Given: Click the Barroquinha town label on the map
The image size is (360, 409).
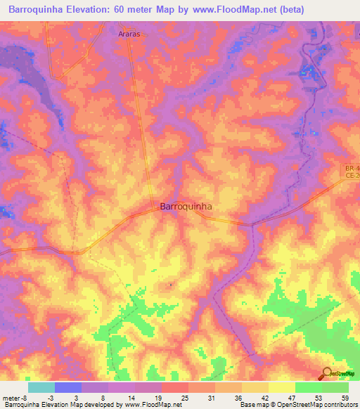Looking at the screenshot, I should click(x=186, y=207).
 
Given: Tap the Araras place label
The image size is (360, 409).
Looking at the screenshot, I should click(x=129, y=33).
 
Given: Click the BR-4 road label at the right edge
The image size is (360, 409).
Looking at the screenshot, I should click(x=352, y=169).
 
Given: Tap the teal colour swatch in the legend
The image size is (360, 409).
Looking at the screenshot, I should click(x=41, y=387).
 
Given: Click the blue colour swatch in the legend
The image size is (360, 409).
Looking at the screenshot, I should click(x=68, y=387).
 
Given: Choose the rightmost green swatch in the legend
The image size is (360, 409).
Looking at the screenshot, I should click(x=335, y=387).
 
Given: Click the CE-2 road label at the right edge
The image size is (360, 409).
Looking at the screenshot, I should click(x=352, y=178).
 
